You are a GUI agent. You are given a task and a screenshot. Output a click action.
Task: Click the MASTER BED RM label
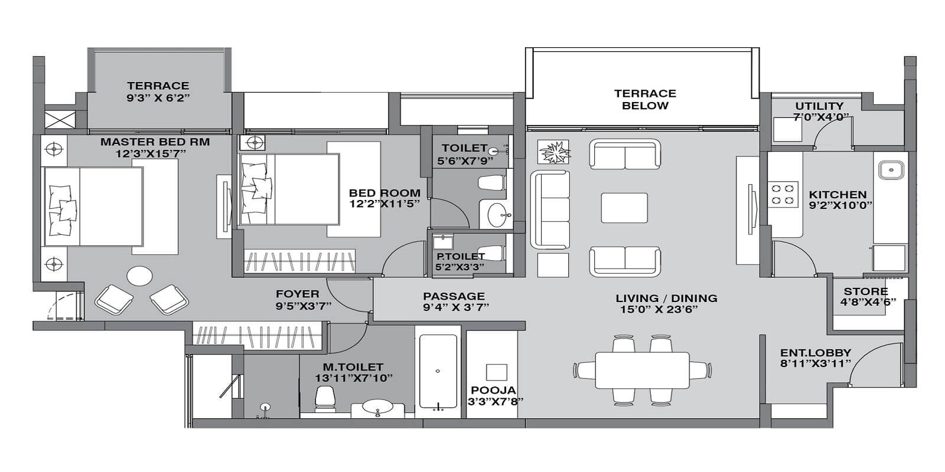click(155, 142)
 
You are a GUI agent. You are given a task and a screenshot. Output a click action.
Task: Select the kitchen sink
click(890, 171)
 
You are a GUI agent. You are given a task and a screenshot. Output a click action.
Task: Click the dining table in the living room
click(641, 371)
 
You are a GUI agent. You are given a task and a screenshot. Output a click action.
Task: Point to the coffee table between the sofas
click(624, 208)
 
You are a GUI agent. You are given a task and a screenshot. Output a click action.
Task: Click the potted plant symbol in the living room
click(554, 153)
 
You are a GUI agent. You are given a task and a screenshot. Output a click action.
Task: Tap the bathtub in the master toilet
click(438, 372)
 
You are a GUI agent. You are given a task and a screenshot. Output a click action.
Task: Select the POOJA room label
click(493, 390)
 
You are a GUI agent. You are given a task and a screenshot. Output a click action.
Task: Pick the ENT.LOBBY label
click(816, 353)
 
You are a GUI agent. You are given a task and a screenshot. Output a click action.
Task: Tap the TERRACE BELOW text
click(645, 99)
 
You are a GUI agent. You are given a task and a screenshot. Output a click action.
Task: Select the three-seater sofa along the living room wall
click(549, 209)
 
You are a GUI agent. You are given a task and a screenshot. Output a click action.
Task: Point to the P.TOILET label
click(460, 256)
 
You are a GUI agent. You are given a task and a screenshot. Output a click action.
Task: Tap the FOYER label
click(297, 293)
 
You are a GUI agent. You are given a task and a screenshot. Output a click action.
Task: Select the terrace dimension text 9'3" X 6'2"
click(158, 98)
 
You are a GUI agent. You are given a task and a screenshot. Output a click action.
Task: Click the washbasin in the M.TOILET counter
click(377, 407)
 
